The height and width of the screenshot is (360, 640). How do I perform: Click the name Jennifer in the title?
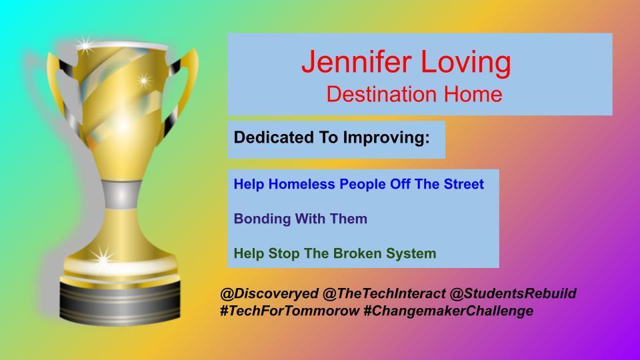click(x=356, y=62)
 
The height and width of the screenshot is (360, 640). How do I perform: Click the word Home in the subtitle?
click(x=473, y=94)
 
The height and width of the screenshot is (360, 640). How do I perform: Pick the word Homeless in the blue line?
click(x=301, y=184)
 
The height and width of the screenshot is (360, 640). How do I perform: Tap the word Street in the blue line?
click(x=464, y=184)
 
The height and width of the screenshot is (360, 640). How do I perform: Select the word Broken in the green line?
click(x=353, y=253)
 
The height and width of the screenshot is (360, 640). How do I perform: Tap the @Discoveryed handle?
click(x=269, y=293)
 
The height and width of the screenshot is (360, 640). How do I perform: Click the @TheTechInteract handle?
click(x=384, y=293)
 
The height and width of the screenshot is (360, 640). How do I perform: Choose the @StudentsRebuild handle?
click(x=513, y=293)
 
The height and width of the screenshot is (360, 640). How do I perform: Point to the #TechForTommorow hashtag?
click(x=290, y=311)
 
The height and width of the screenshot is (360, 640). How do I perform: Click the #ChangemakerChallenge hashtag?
click(x=448, y=311)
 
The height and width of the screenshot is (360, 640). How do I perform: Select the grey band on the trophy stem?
click(x=121, y=195)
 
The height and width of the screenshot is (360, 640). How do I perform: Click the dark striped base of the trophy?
click(x=120, y=301)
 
